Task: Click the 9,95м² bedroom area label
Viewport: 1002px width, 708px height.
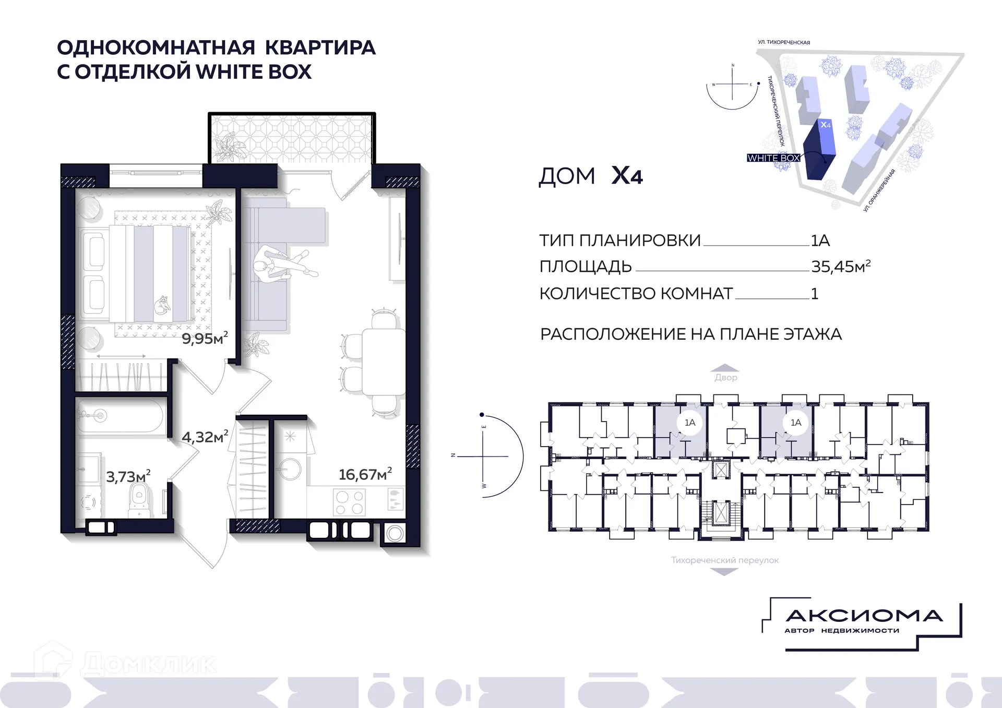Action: click(x=205, y=339)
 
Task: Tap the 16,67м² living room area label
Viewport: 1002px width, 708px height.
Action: click(x=365, y=474)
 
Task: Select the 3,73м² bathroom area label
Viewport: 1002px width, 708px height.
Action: click(x=128, y=476)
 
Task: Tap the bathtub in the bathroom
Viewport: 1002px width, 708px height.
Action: click(x=120, y=416)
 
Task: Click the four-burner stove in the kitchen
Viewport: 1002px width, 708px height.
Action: click(x=350, y=502)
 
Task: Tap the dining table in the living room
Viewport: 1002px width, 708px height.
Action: click(x=384, y=362)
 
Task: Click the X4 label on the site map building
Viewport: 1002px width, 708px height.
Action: click(x=825, y=125)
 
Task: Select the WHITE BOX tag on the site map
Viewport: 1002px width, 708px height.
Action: click(x=773, y=158)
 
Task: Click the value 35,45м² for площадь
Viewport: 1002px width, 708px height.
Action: click(x=840, y=267)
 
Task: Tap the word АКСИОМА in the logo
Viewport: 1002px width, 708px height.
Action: click(x=864, y=616)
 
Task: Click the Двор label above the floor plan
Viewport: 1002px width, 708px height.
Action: click(x=726, y=377)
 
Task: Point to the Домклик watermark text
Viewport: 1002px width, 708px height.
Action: click(x=149, y=664)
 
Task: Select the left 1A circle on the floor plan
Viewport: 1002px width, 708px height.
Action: click(x=690, y=423)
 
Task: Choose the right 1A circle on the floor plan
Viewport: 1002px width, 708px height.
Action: click(x=795, y=423)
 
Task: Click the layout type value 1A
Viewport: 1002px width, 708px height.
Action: click(x=820, y=241)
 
